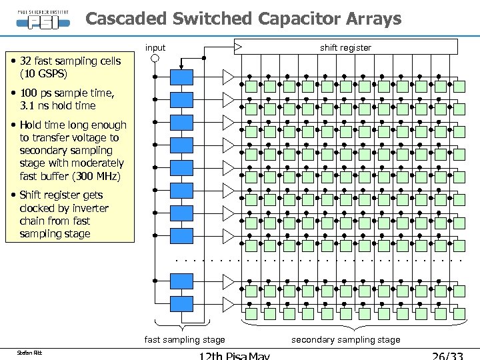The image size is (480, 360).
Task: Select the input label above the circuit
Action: [x=155, y=47]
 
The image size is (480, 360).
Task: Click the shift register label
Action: [x=345, y=47]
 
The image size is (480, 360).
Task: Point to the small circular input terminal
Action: [x=155, y=59]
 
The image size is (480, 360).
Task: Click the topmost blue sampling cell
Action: [x=181, y=77]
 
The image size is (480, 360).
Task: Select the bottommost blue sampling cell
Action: [x=181, y=304]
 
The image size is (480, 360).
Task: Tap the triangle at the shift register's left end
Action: [x=238, y=47]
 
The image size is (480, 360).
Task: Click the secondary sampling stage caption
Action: [x=346, y=340]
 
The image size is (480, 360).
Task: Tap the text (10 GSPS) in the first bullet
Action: [x=44, y=74]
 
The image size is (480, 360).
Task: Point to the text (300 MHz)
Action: [x=99, y=176]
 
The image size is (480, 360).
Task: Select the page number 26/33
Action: [x=447, y=355]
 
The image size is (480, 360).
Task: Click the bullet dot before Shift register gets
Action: [x=13, y=195]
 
